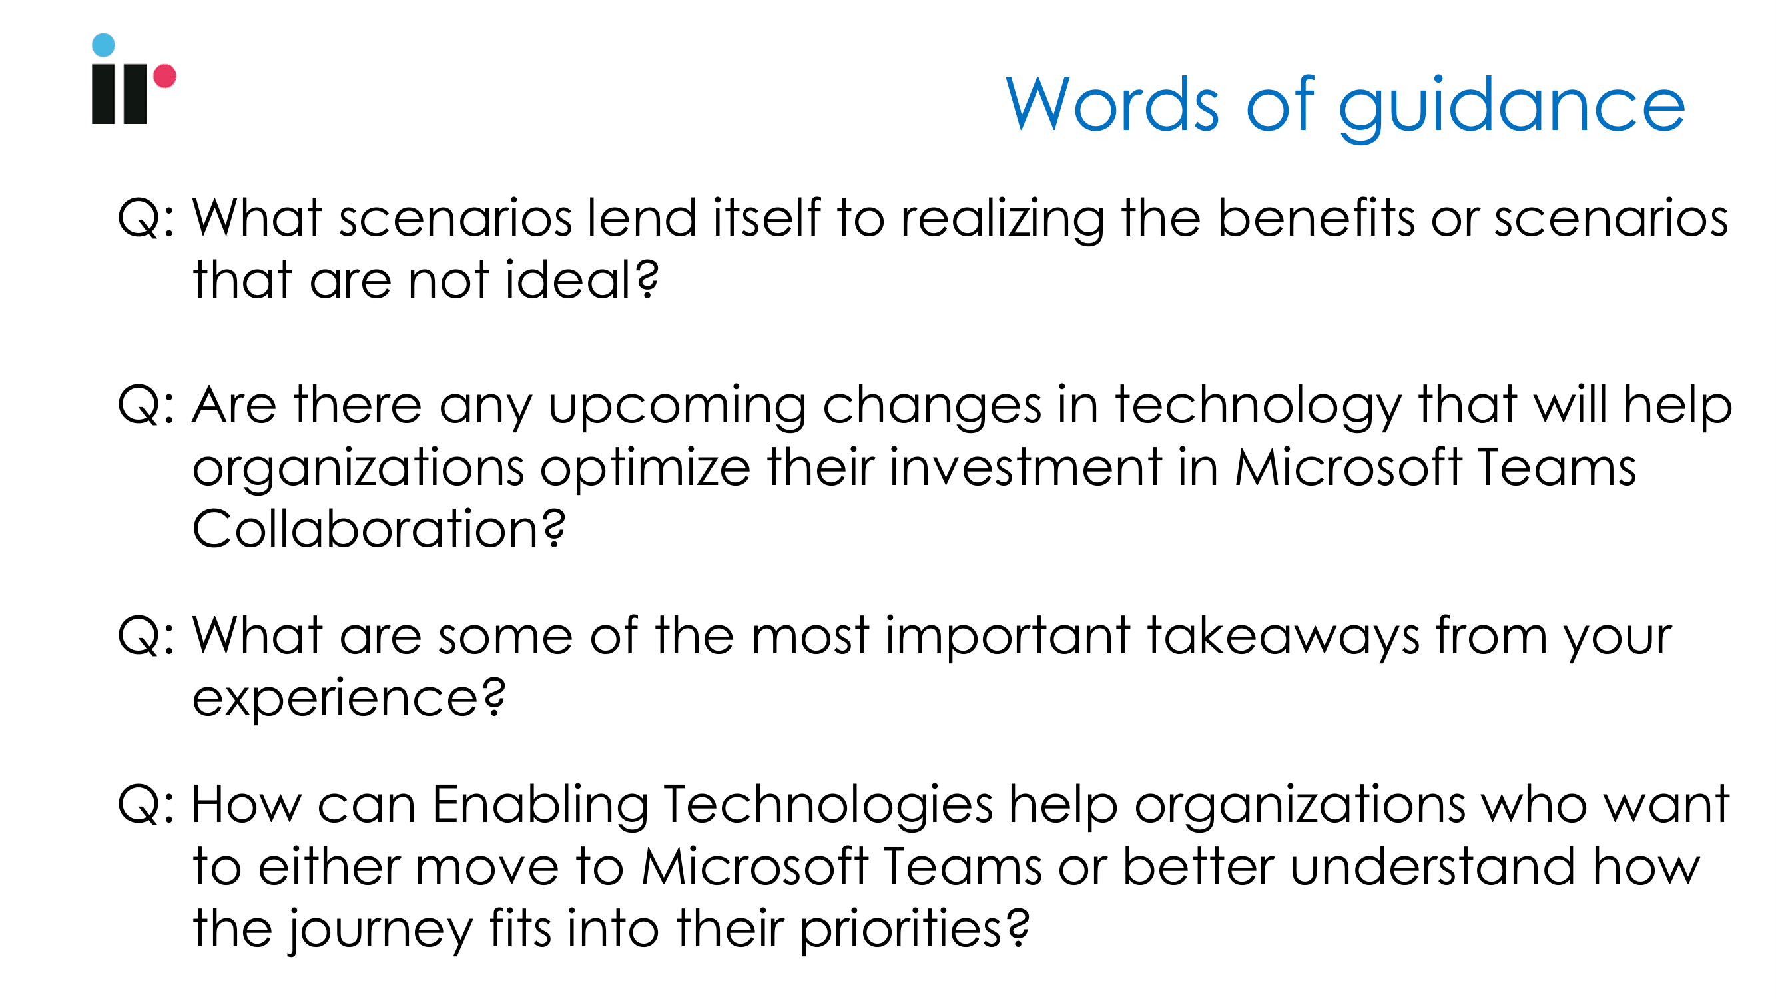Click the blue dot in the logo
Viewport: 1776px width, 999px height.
103,45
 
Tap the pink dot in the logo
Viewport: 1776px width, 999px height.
164,76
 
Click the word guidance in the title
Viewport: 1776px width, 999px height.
1512,107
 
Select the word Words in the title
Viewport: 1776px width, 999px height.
1113,103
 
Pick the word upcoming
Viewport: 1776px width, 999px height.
677,408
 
